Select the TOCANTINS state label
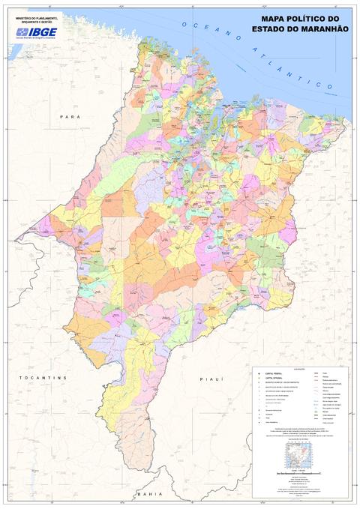(43, 377)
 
